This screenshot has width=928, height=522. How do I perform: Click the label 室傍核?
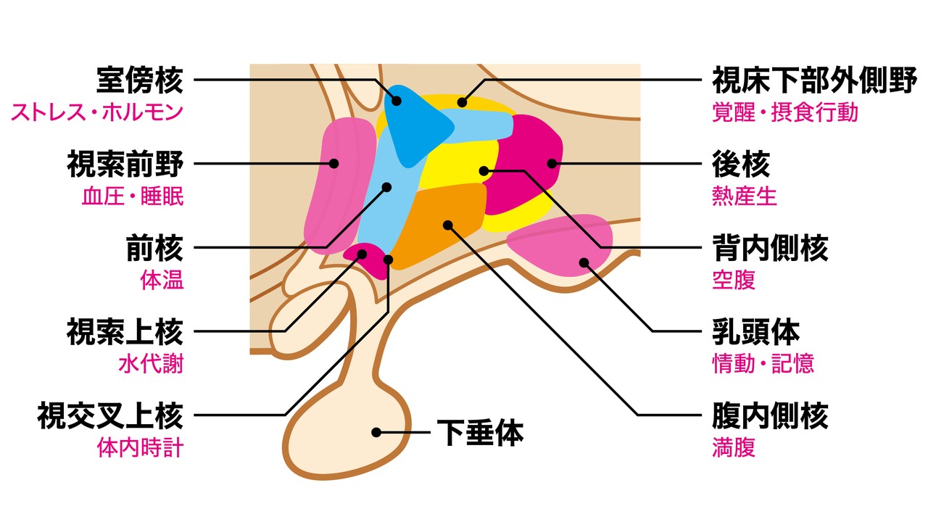(x=140, y=81)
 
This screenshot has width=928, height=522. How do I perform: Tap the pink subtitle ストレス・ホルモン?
(x=97, y=114)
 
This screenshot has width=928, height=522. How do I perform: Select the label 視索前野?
(x=125, y=165)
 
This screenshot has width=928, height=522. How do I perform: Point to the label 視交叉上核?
(x=111, y=417)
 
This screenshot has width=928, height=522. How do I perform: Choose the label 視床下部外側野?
(x=814, y=82)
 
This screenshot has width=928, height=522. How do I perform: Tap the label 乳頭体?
(x=755, y=332)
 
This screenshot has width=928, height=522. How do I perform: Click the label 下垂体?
(x=479, y=433)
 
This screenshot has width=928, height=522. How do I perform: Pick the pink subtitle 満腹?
(x=734, y=447)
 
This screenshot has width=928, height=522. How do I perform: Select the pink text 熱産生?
(x=745, y=197)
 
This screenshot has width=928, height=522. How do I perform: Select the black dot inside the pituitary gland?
(x=376, y=432)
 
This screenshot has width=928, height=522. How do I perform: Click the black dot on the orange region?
(x=448, y=225)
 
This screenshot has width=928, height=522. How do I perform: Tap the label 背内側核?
(x=770, y=249)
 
